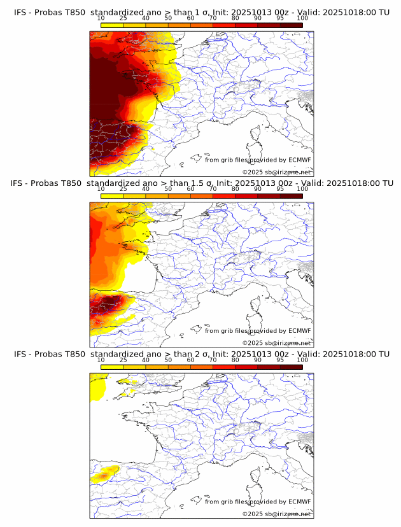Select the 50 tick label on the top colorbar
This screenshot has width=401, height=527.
coord(168,18)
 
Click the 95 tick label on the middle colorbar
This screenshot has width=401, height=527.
coord(279,188)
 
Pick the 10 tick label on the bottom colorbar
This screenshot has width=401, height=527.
coord(101,360)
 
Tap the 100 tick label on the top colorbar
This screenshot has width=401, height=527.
coord(302,18)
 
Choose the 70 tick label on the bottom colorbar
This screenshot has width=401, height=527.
coord(213,360)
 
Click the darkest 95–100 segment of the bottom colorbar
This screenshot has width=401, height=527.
coord(291,367)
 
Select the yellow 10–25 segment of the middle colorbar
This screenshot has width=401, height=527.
coord(112,196)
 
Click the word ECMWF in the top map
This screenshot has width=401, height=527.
coord(299,160)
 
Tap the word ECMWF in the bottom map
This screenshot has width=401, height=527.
coord(299,502)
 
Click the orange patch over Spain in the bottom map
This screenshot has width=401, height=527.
coord(104,474)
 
